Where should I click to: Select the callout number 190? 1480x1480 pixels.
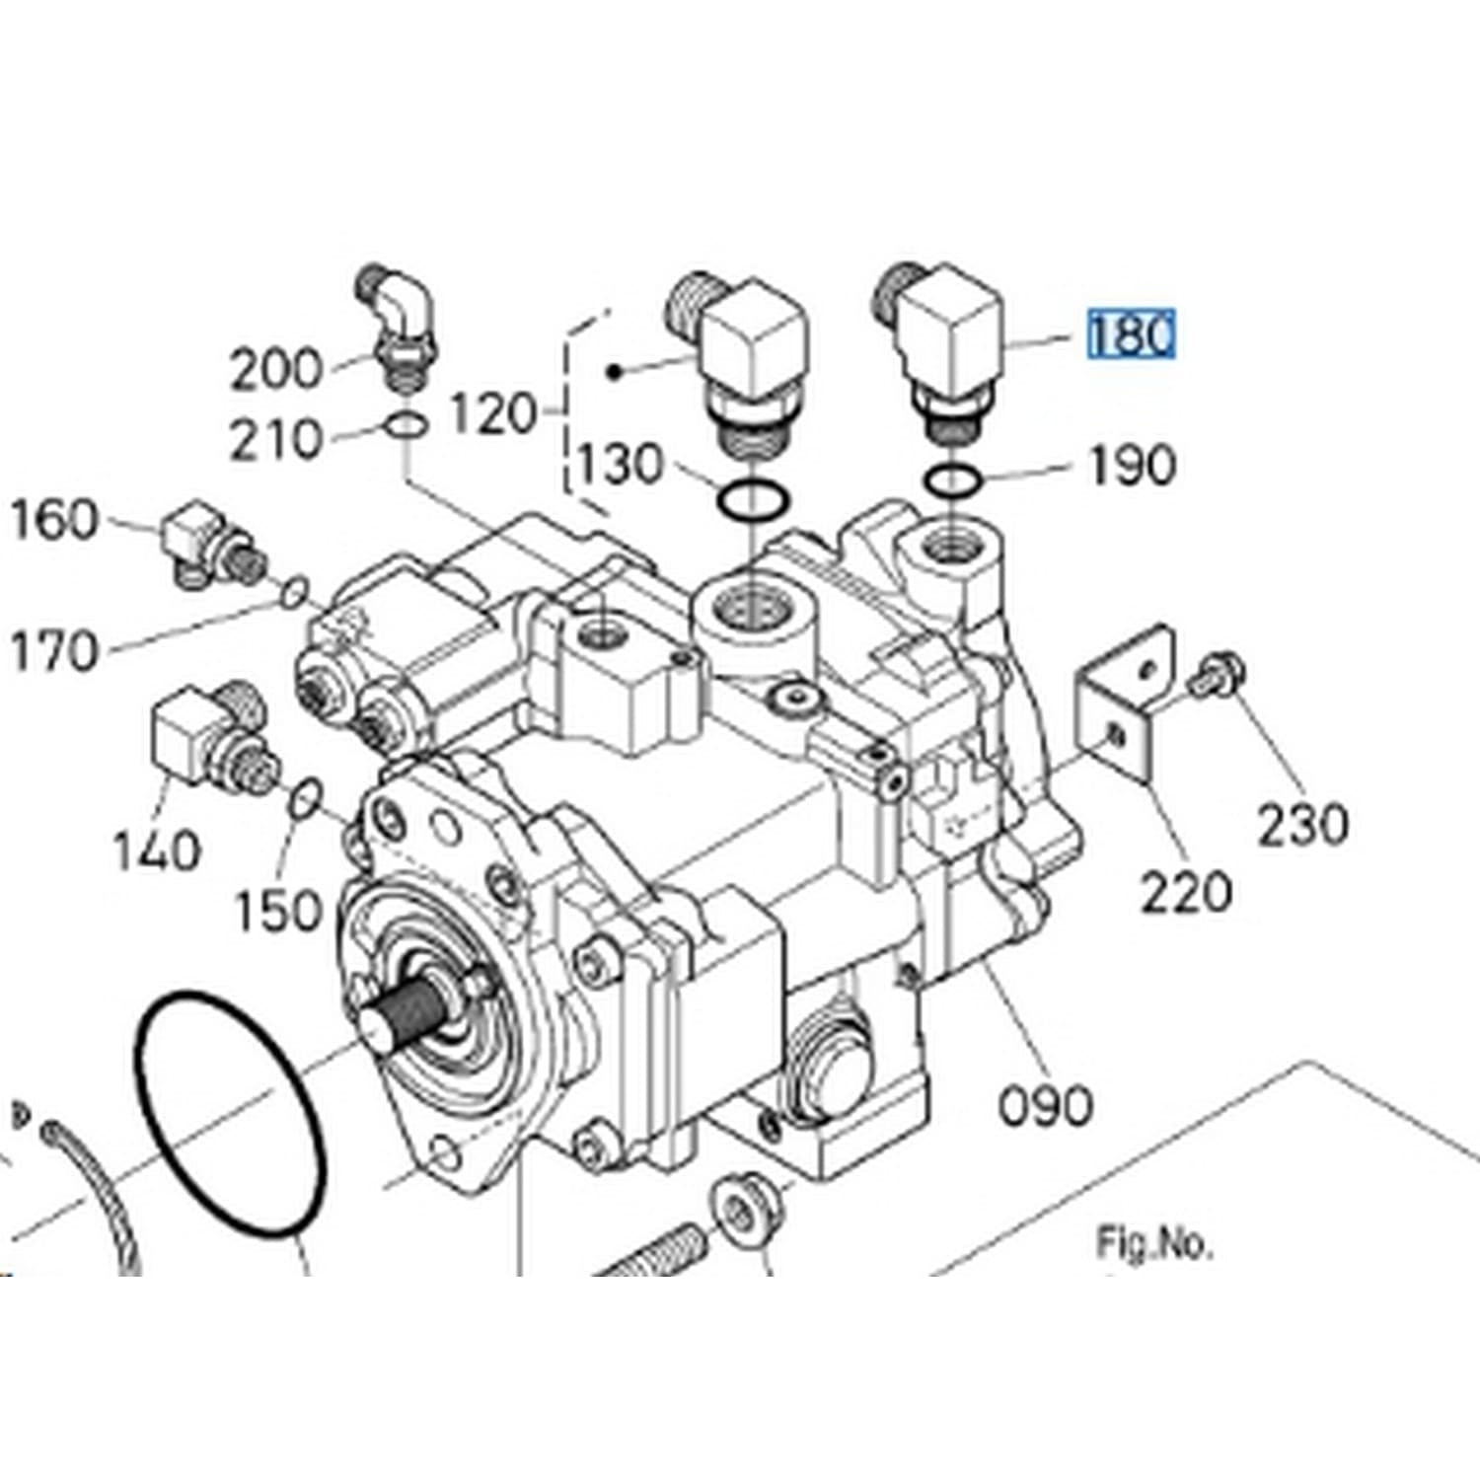(1132, 465)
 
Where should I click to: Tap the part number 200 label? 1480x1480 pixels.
(276, 370)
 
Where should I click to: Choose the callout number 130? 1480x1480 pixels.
(621, 464)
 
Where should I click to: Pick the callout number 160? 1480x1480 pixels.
(55, 520)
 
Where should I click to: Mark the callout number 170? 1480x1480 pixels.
(55, 651)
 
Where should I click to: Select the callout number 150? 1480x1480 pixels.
(279, 911)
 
